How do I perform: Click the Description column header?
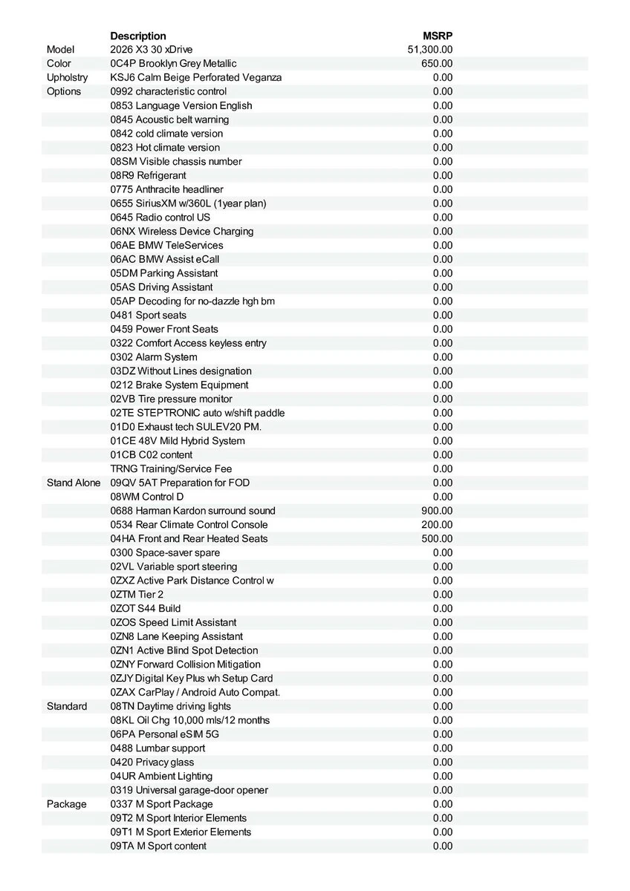(x=138, y=36)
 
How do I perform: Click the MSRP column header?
(x=438, y=36)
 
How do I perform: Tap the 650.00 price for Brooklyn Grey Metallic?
(x=437, y=63)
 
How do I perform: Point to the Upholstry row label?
(x=67, y=77)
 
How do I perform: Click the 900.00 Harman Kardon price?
(x=437, y=511)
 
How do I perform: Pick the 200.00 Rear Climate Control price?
(x=437, y=525)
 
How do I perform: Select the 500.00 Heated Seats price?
(x=437, y=538)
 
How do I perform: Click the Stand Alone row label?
(x=74, y=483)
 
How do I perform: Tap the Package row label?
(x=66, y=804)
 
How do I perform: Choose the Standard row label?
(x=67, y=706)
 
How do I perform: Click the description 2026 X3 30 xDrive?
(x=152, y=49)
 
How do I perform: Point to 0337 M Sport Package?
(x=161, y=804)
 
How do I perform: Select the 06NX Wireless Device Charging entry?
(x=182, y=231)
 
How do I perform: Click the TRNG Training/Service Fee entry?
(x=171, y=469)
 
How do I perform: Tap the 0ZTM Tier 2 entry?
(x=137, y=595)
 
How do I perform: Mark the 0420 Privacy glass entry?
(x=152, y=762)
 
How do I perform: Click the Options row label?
(x=64, y=91)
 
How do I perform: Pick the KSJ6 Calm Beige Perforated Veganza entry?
(x=196, y=77)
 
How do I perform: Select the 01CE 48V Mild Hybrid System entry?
(x=178, y=441)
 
